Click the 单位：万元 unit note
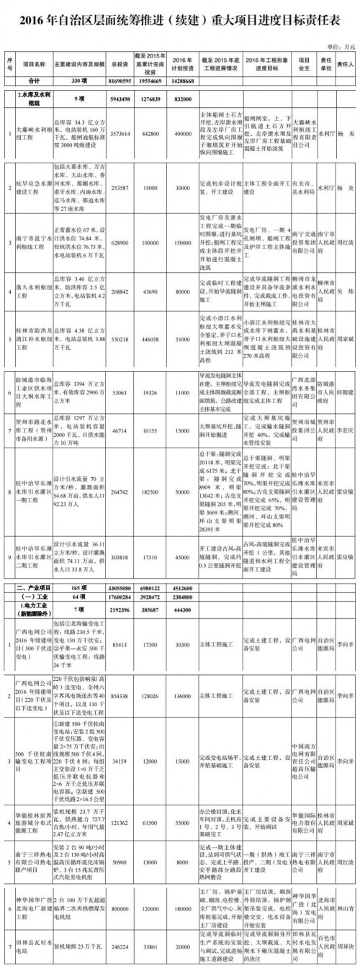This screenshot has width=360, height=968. tap(339, 45)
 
